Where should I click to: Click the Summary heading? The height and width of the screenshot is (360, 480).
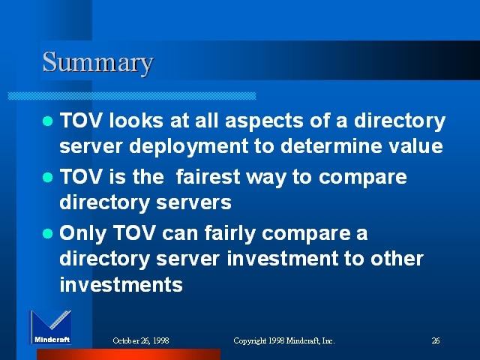tap(98, 62)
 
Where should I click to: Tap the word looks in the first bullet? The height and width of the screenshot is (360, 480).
tap(136, 120)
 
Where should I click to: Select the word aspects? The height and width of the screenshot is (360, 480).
tap(264, 121)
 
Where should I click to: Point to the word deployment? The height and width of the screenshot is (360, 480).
tap(188, 147)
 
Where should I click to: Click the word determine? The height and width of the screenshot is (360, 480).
tap(331, 145)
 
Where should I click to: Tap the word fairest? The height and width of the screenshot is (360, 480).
tap(208, 177)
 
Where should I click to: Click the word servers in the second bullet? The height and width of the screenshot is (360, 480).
tap(193, 203)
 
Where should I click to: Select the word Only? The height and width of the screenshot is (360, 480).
tap(82, 234)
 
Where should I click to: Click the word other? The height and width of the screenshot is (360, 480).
tap(397, 259)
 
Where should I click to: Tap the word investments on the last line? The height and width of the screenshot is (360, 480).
tap(121, 285)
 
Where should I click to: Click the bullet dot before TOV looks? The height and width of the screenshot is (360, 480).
tap(47, 121)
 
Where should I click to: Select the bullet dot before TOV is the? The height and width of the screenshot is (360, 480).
tap(47, 177)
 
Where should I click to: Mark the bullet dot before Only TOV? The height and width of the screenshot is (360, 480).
tap(47, 233)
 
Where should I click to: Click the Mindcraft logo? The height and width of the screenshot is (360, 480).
tap(50, 328)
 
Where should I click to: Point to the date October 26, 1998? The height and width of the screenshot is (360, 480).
tap(141, 340)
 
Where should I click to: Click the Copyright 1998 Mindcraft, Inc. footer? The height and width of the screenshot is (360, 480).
tap(284, 340)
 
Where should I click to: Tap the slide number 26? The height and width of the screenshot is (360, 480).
tap(436, 340)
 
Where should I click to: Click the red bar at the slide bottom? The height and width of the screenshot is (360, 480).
tap(128, 354)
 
